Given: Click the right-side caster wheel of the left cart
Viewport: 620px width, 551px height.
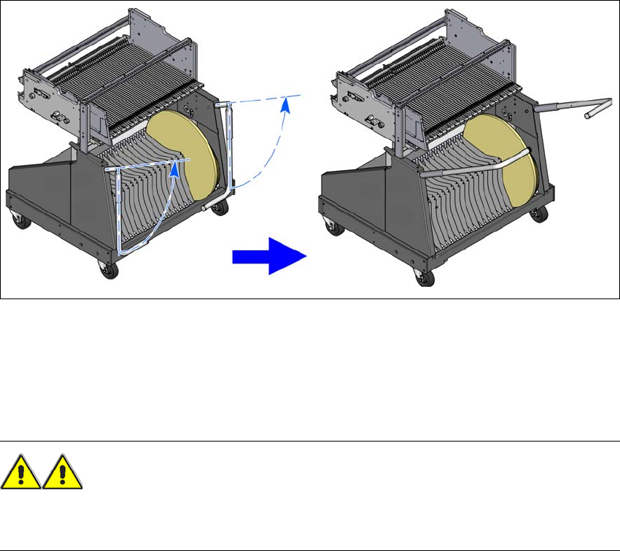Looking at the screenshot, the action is pyautogui.click(x=218, y=211).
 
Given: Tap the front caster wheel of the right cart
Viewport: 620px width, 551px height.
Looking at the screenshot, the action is pyautogui.click(x=421, y=277).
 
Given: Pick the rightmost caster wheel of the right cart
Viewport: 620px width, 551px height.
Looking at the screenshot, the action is pyautogui.click(x=539, y=216).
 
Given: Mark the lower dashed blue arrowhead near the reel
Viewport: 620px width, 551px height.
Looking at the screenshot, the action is pyautogui.click(x=175, y=170).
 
